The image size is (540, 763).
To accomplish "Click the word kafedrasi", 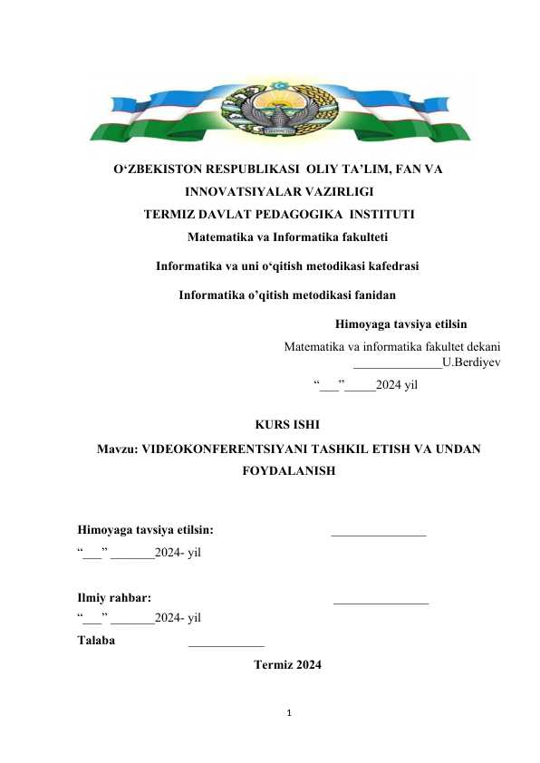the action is [x=389, y=266].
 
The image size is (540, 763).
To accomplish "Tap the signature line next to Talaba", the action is [x=227, y=643].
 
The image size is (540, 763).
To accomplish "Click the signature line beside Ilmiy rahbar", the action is [x=381, y=602].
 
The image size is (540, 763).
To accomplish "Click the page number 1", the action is [x=287, y=715].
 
